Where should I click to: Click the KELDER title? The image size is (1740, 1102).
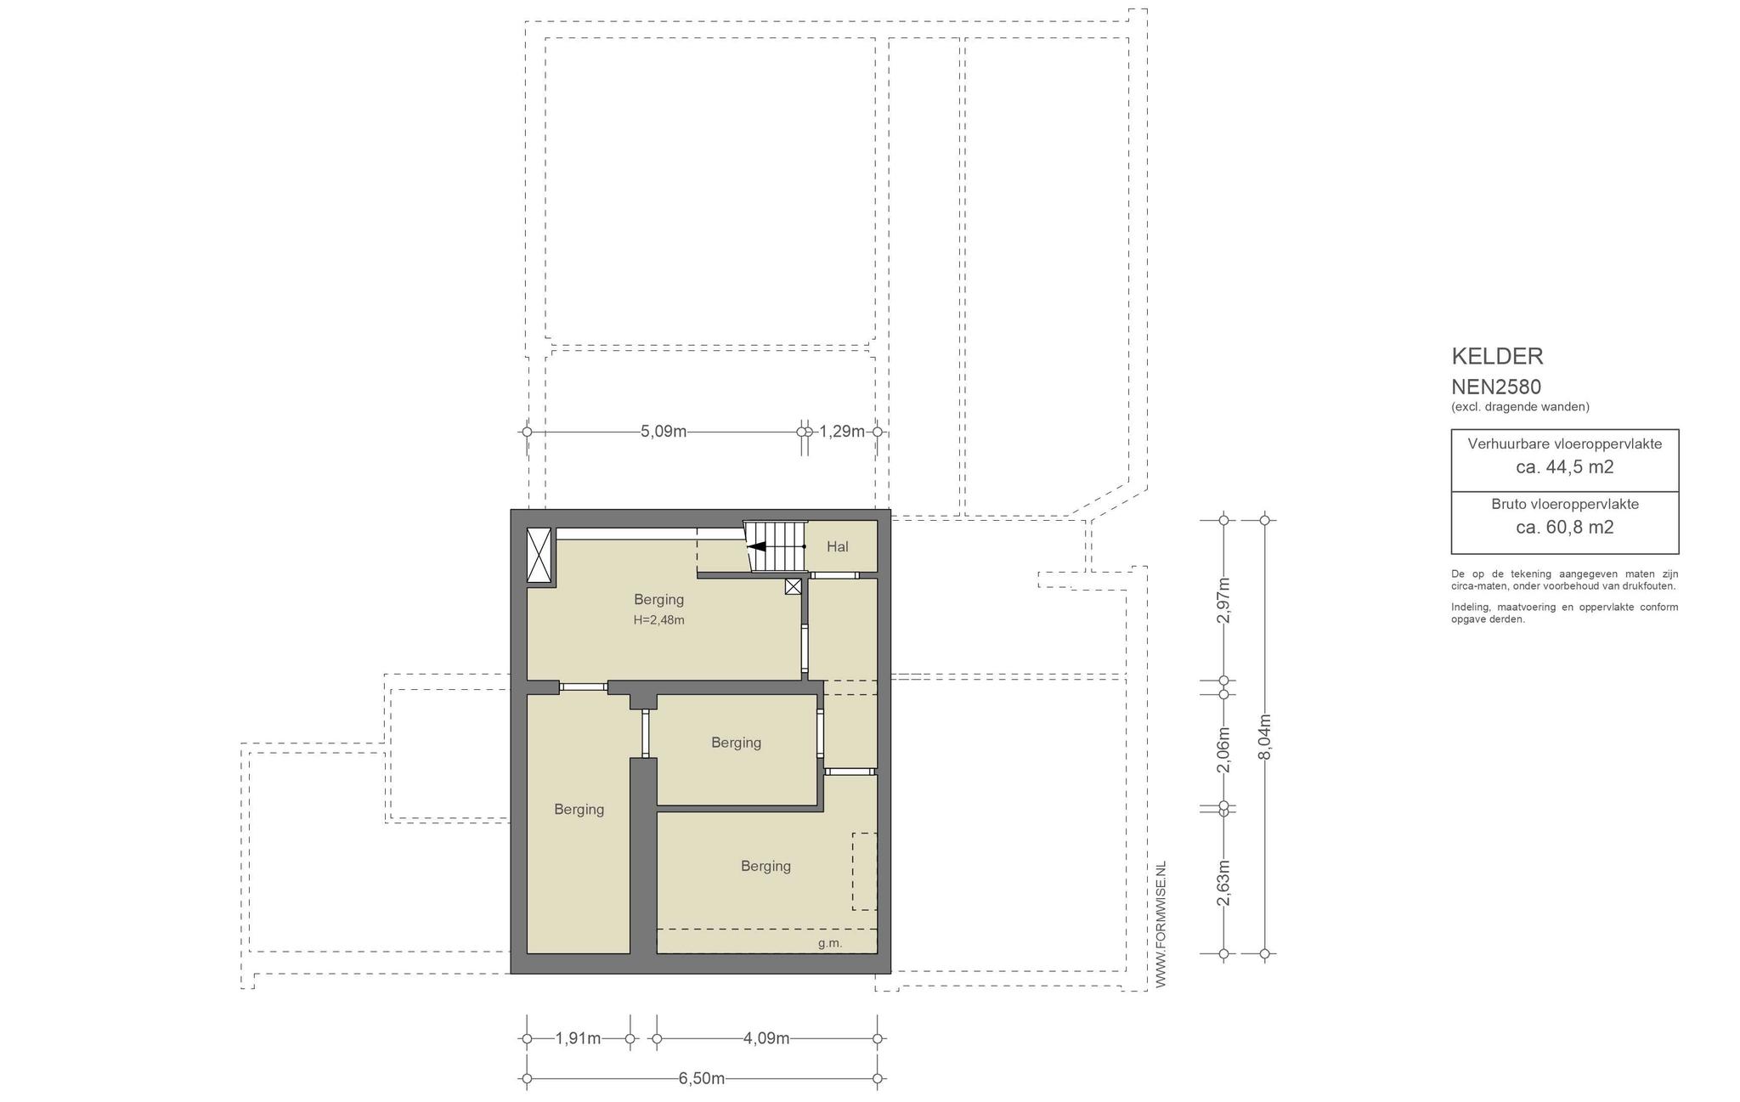[1497, 356]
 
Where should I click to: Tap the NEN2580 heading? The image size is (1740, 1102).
[1496, 387]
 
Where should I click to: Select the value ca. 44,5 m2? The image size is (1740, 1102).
[1565, 466]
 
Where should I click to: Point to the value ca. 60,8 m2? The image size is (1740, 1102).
[1565, 527]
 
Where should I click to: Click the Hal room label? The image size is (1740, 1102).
[838, 546]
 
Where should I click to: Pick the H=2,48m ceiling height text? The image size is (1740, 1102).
[658, 620]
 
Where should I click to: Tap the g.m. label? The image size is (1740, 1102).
[830, 943]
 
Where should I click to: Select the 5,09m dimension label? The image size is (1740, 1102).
[664, 432]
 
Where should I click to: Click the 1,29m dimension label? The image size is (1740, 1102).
[842, 432]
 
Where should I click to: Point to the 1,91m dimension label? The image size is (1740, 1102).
[578, 1038]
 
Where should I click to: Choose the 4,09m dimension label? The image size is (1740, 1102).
[766, 1038]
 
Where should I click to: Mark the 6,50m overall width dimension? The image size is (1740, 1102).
[702, 1079]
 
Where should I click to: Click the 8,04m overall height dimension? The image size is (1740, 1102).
[1264, 737]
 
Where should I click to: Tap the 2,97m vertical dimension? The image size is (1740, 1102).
[1223, 601]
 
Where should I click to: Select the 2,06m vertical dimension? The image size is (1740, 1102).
[1223, 750]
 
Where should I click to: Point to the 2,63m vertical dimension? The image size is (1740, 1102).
[1223, 884]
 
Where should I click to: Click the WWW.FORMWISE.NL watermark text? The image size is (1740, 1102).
[1161, 924]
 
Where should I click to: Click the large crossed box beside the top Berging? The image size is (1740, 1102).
[539, 555]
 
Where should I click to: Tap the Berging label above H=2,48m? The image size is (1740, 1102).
[658, 600]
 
